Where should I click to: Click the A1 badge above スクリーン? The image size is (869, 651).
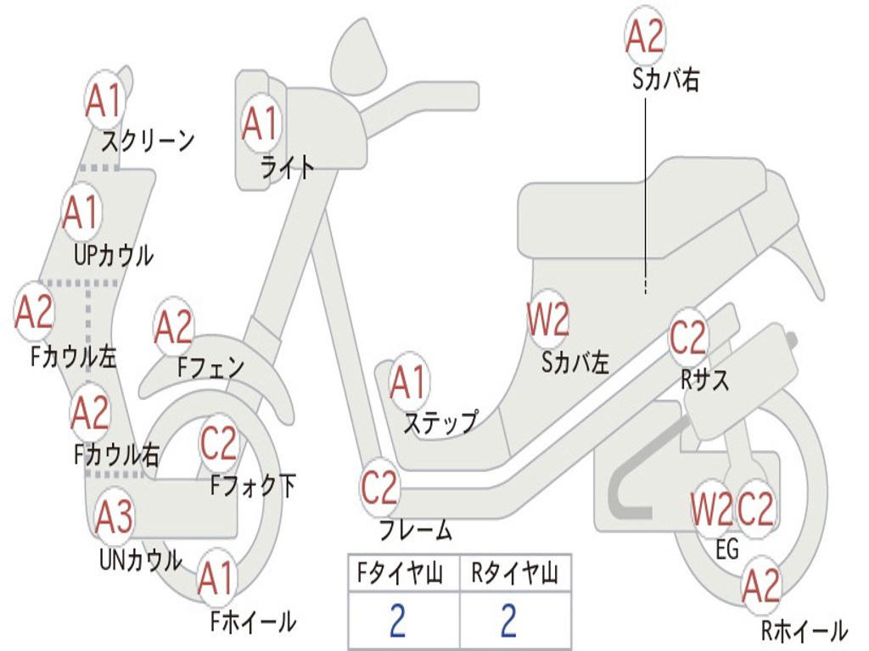[x=105, y=101]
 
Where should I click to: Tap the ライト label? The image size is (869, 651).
[x=287, y=167]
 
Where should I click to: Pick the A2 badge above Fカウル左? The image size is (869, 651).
[x=35, y=311]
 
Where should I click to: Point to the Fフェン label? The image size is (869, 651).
[x=210, y=367]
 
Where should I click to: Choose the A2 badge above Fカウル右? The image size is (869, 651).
[x=90, y=413]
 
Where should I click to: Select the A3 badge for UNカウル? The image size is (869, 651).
[x=114, y=517]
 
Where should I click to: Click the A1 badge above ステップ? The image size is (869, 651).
[x=409, y=383]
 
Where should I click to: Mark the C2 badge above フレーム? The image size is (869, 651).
[x=379, y=487]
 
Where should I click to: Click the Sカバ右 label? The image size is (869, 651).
[x=665, y=81]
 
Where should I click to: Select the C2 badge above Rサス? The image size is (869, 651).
[x=688, y=337]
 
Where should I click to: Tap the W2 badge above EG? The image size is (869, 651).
[x=710, y=509]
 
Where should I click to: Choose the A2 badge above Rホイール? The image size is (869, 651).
[x=760, y=586]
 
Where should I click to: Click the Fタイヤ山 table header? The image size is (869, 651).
[x=403, y=575]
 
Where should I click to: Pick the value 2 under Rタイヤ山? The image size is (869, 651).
[x=507, y=621]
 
